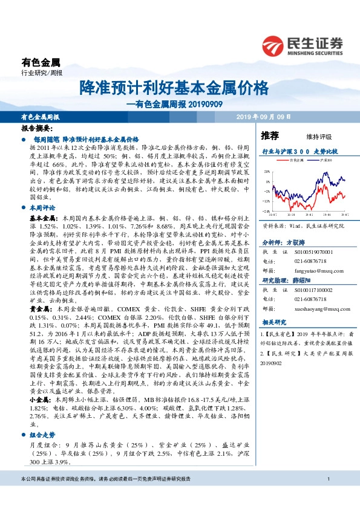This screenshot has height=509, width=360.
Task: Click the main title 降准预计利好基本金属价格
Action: tap(174, 88)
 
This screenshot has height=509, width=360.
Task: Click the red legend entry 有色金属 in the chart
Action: tap(297, 160)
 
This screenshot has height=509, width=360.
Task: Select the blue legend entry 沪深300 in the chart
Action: tap(327, 160)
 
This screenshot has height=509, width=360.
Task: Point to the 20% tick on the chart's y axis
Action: tap(267, 172)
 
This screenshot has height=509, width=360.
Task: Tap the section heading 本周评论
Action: tap(43, 207)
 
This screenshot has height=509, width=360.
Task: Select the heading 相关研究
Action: tap(270, 323)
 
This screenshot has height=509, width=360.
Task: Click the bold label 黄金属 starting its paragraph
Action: tap(40, 309)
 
